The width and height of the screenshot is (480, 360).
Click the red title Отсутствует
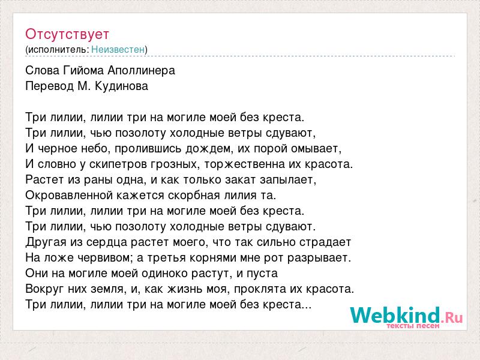[x=67, y=34]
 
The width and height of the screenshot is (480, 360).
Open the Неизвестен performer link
[x=118, y=49]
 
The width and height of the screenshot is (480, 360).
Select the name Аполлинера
[x=142, y=71]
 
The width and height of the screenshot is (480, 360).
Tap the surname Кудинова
[x=122, y=86]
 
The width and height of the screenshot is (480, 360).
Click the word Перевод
[x=50, y=86]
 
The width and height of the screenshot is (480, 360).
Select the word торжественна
[x=244, y=164]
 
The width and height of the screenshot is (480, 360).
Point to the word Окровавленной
[x=67, y=196]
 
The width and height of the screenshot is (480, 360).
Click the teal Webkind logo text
[x=395, y=315]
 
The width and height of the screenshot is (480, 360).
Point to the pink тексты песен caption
[x=413, y=326]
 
